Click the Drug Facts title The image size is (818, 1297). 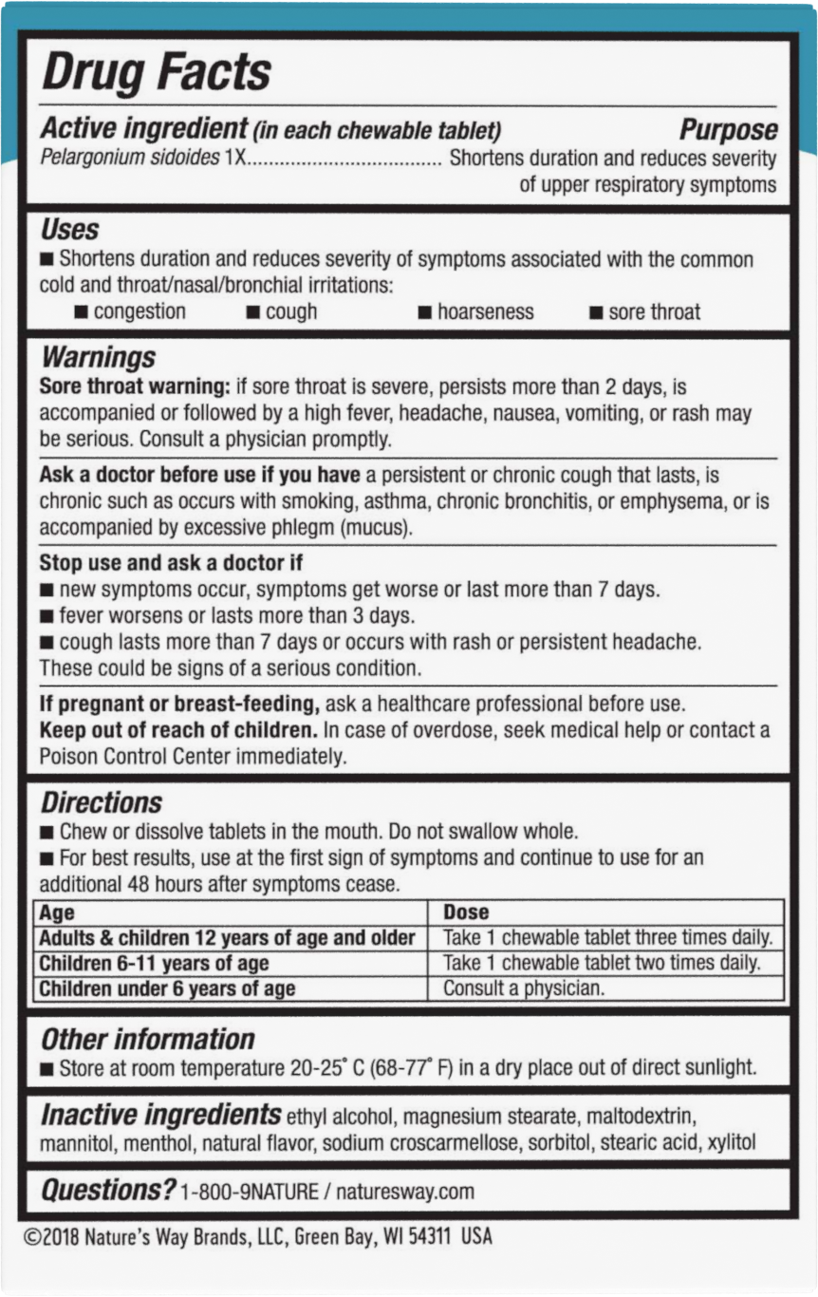tap(158, 72)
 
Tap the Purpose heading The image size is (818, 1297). tap(728, 130)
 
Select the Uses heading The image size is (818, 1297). tap(69, 230)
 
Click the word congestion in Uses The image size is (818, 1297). tap(139, 311)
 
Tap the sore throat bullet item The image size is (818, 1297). tap(654, 311)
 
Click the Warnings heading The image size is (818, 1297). tap(98, 357)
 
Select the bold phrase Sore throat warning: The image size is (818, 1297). tap(135, 387)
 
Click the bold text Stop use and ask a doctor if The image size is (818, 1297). tap(171, 563)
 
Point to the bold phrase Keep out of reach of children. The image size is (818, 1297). tap(178, 730)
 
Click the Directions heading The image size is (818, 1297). tap(102, 802)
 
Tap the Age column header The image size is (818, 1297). tap(57, 912)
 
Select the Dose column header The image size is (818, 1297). tap(466, 912)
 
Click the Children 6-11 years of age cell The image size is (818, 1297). tap(154, 963)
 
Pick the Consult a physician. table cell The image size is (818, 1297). tap(523, 987)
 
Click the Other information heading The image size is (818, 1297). tap(148, 1039)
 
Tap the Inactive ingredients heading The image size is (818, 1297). tap(160, 1115)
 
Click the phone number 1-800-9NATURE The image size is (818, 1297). tap(249, 1192)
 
